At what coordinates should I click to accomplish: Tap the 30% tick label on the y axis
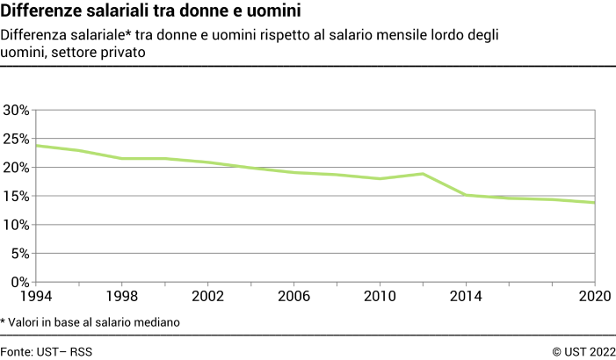tap(18, 111)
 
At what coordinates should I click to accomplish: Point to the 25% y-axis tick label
tap(18, 139)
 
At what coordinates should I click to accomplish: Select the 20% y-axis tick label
tap(18, 168)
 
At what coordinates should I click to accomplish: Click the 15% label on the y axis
tap(18, 197)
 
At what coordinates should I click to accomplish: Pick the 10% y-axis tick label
tap(18, 225)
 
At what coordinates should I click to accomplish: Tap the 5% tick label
tap(21, 254)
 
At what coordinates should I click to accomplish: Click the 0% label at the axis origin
tap(21, 282)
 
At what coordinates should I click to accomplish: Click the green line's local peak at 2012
tap(424, 174)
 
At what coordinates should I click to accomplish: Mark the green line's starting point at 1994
tap(36, 145)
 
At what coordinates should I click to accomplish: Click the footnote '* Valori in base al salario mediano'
tap(91, 322)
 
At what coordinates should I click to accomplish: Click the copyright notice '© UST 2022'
tap(583, 351)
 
